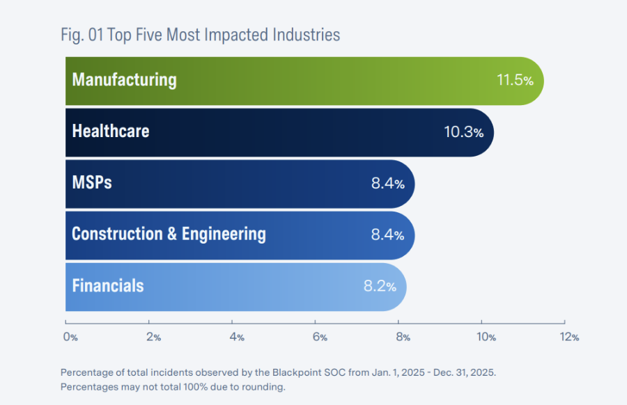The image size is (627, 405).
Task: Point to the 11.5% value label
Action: click(x=515, y=81)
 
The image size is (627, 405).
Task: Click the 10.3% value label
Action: click(x=463, y=132)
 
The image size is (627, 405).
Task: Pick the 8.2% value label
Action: click(x=380, y=286)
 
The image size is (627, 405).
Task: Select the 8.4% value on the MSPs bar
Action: click(x=387, y=184)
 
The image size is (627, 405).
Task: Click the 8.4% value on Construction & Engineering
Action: click(x=387, y=235)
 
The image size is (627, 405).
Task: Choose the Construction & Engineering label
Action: click(x=169, y=234)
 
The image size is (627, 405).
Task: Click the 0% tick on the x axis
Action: click(x=70, y=337)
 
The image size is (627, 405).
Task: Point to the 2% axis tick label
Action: click(x=153, y=337)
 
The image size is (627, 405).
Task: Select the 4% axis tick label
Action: click(x=237, y=337)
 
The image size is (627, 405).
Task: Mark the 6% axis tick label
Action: click(x=320, y=337)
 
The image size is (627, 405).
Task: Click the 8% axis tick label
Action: click(x=403, y=337)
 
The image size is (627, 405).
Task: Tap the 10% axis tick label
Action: click(x=486, y=337)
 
